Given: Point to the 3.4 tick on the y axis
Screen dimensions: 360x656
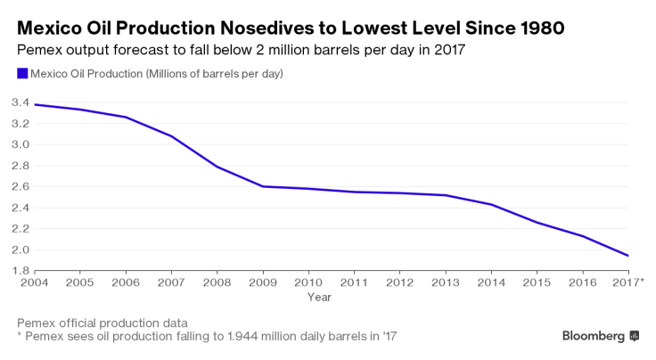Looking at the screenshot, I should point(20,103).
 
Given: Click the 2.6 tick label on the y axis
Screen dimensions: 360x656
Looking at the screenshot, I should point(20,187).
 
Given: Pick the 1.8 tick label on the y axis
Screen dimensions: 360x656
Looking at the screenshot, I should point(20,271).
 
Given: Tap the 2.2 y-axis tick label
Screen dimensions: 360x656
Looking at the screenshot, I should point(20,229).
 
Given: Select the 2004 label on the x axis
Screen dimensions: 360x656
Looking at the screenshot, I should point(35,282).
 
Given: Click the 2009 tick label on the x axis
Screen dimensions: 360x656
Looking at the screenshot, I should point(263,282).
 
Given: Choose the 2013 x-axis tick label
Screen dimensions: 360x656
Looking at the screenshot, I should point(446,282).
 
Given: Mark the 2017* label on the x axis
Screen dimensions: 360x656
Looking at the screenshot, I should point(628,282).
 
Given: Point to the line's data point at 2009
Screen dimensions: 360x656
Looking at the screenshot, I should point(263,186).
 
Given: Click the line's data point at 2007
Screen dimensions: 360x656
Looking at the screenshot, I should point(171,136).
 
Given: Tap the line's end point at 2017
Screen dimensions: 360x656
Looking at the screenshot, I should point(628,256).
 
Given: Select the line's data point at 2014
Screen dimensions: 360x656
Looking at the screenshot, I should point(491,205).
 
